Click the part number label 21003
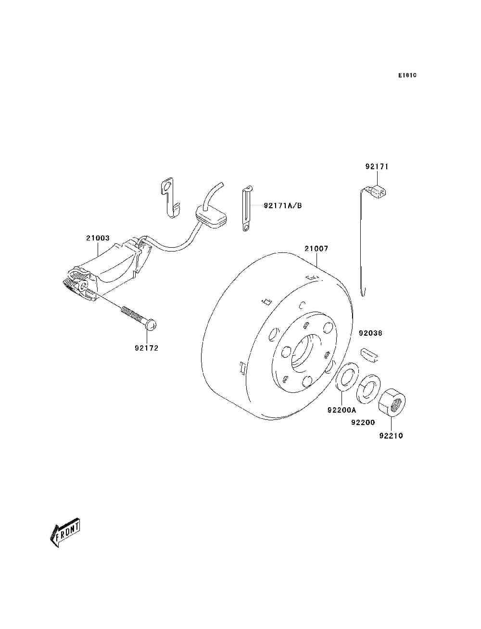98,238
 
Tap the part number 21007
316,249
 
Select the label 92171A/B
283,206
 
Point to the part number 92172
146,348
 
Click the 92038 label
370,333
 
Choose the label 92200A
342,410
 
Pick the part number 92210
391,436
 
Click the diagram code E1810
407,75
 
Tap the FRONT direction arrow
64,533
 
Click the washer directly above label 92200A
346,377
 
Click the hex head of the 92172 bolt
152,326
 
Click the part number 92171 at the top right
377,166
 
